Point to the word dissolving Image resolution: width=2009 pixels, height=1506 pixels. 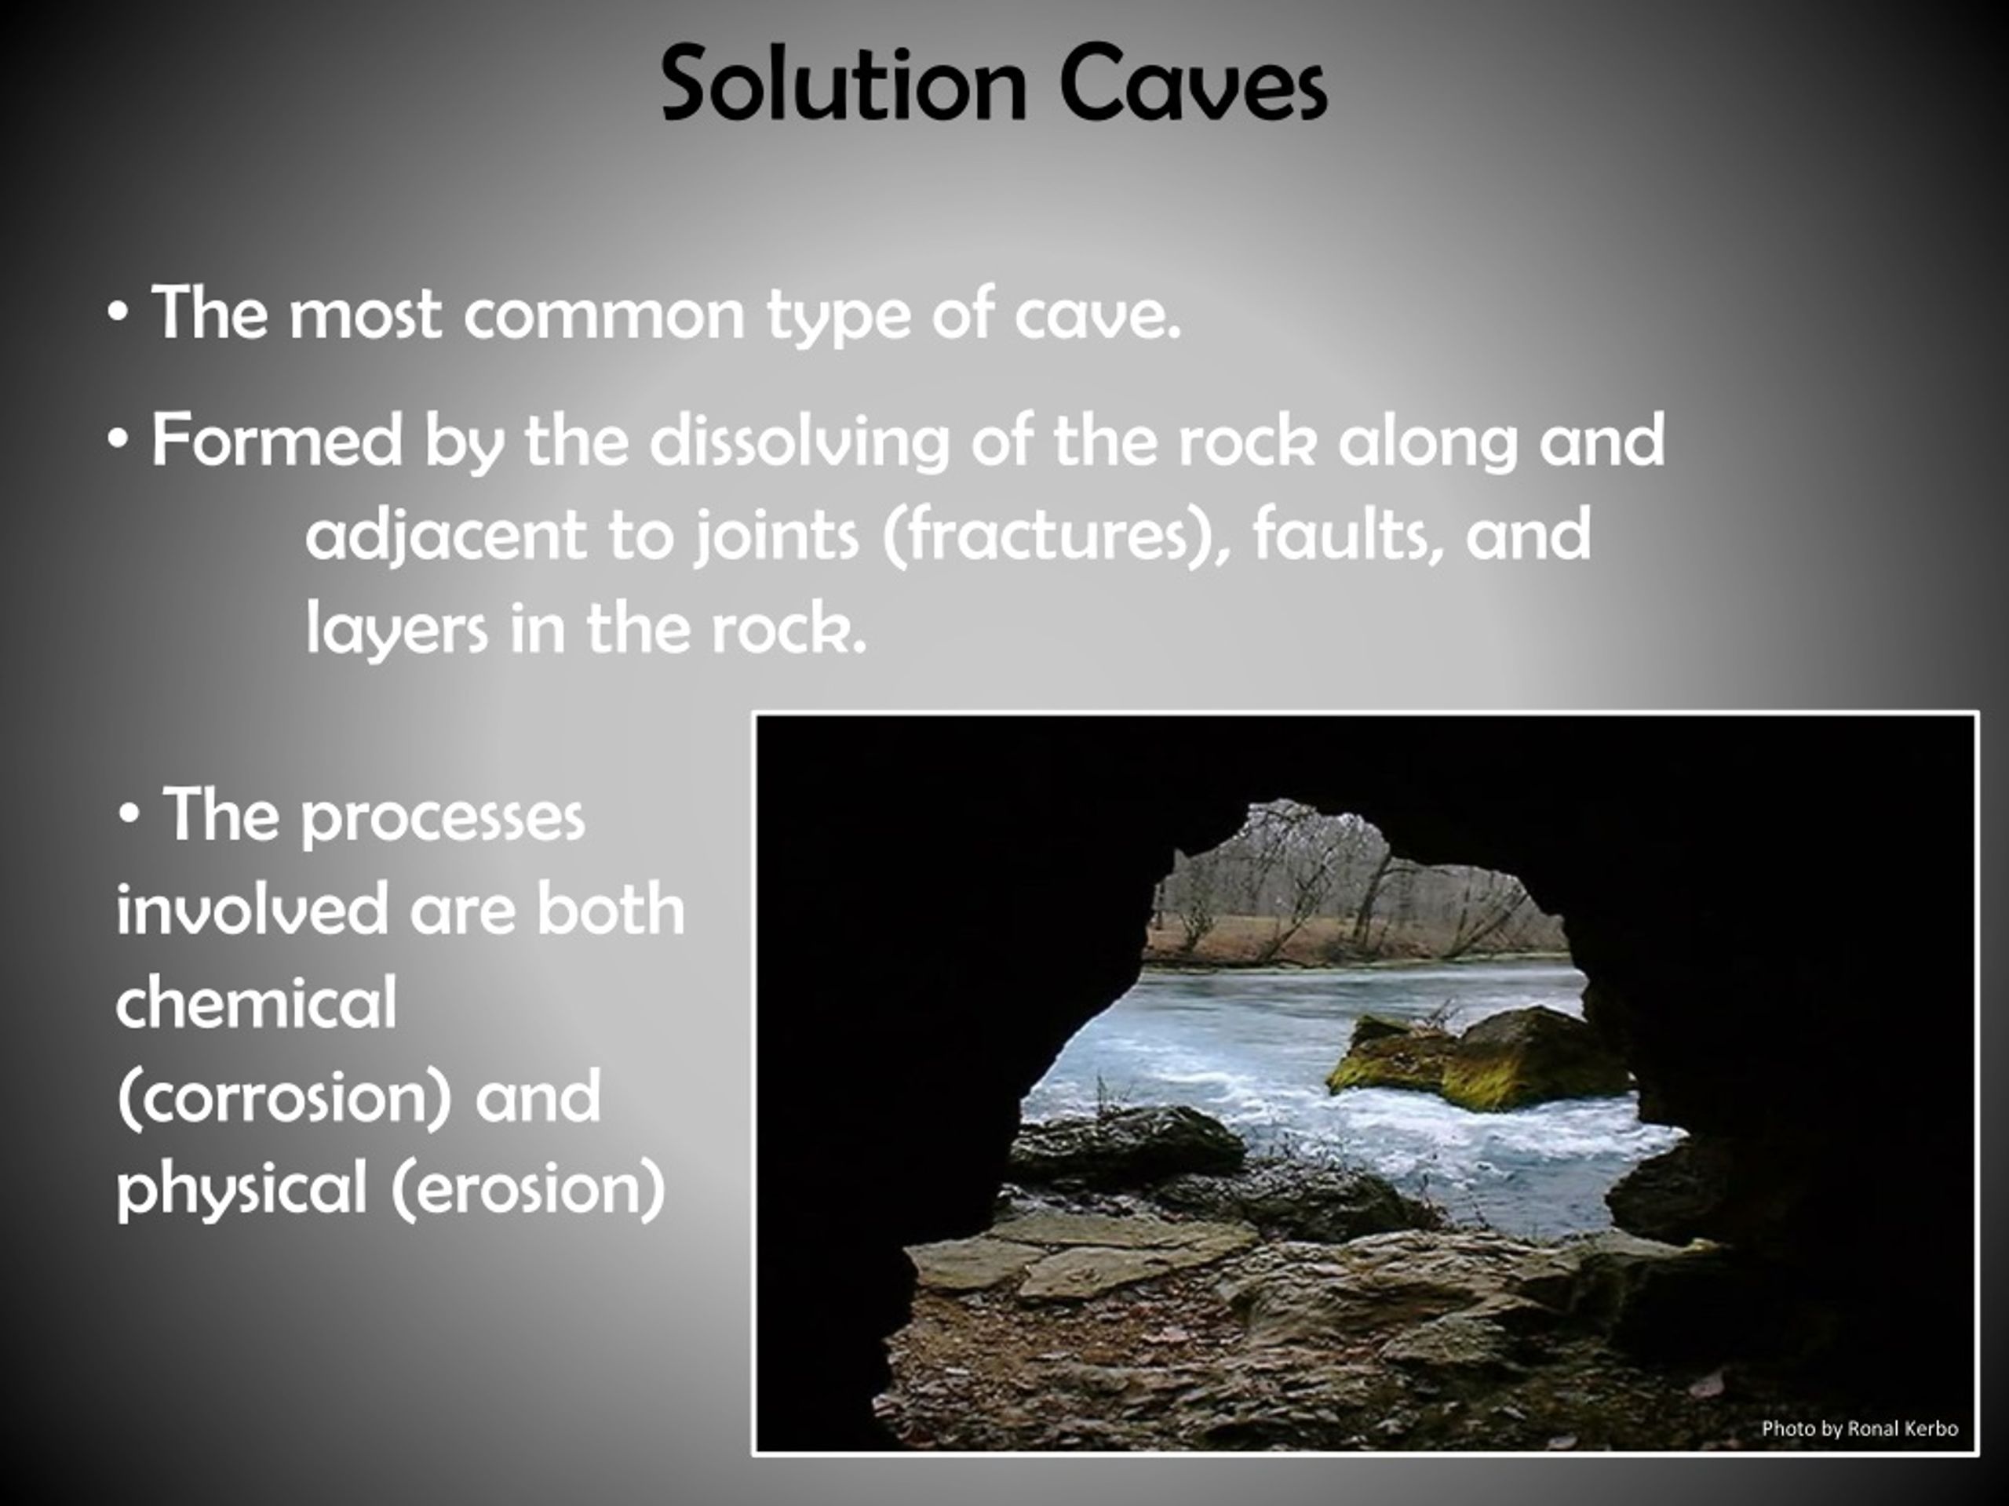pos(799,440)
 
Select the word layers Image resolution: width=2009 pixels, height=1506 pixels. pos(397,629)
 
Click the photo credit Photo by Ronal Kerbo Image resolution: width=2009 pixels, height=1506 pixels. pos(1859,1428)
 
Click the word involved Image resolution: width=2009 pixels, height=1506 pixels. pos(252,911)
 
